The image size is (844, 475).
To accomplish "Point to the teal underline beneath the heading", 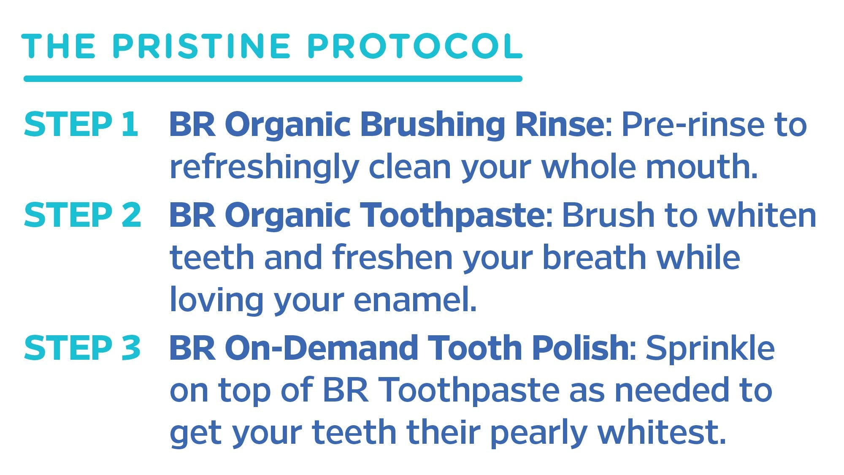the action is coord(273,79).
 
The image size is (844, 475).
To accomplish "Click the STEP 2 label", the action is coord(82,214).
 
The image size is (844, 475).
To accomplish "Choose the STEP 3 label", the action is coord(82,347).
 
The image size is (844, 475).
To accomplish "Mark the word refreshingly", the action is coord(264,168).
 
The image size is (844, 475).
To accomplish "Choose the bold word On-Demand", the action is coord(322,347).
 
